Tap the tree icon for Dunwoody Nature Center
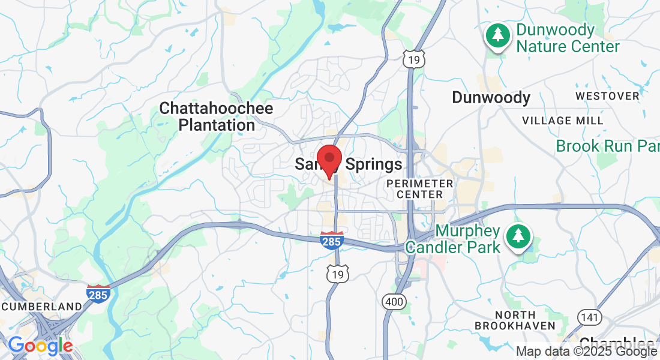point(498,35)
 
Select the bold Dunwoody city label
point(491,97)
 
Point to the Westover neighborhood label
point(607,96)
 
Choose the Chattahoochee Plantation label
point(216,117)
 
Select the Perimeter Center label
point(420,188)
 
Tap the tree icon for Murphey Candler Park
point(517,236)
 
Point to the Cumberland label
point(42,307)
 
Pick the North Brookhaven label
point(514,320)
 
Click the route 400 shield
point(394,302)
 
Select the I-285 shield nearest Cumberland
point(98,293)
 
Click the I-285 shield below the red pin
point(331,240)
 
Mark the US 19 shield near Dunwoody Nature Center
point(413,59)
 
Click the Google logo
point(40,345)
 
